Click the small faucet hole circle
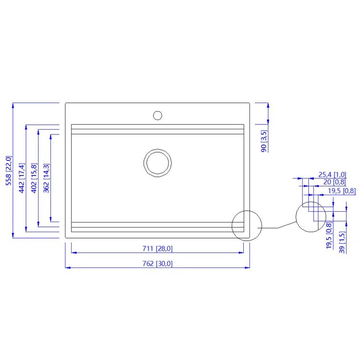(x=157, y=115)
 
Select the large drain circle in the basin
(x=157, y=163)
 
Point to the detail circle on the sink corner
(x=247, y=226)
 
